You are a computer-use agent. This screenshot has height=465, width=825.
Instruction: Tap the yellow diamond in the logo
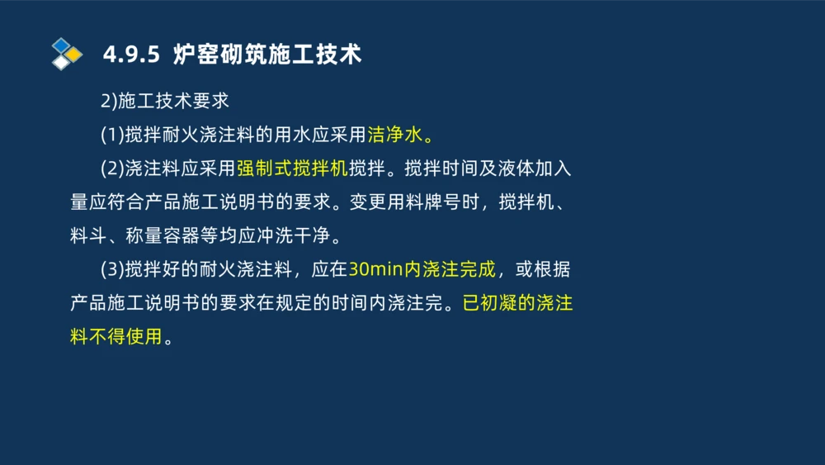click(x=74, y=55)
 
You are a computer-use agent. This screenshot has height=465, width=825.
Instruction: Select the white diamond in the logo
click(x=61, y=62)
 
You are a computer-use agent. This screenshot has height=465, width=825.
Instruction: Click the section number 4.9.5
click(x=131, y=55)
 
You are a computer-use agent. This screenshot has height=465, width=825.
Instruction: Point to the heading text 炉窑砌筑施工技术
click(x=267, y=55)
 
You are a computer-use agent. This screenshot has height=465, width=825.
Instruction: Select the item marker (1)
click(x=112, y=135)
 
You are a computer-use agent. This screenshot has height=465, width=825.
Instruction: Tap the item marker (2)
click(x=112, y=168)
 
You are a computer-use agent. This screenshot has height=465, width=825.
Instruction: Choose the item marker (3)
click(x=112, y=269)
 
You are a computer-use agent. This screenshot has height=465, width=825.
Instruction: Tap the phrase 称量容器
click(x=163, y=236)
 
